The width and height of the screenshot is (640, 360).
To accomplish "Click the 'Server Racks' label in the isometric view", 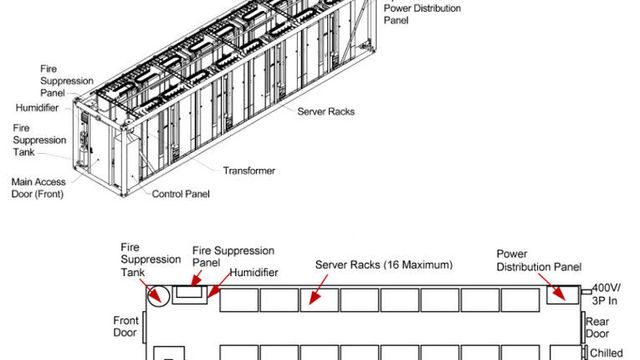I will [x=327, y=111].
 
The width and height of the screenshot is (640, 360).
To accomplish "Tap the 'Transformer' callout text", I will [x=249, y=171].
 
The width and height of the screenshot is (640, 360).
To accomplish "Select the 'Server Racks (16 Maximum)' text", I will [x=384, y=265].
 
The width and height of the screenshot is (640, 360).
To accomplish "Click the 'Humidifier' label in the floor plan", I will [x=253, y=272].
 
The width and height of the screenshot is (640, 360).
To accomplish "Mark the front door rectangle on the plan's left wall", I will [x=146, y=323].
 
